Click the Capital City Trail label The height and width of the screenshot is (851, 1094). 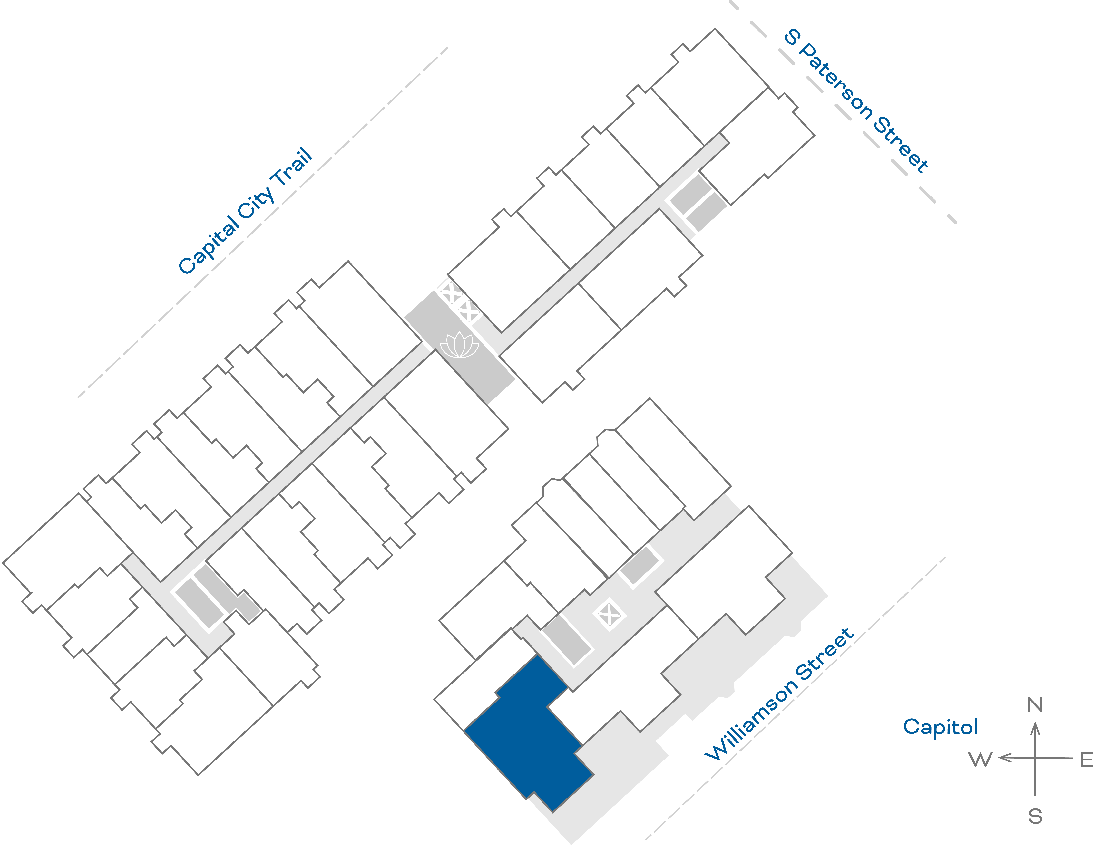coord(245,211)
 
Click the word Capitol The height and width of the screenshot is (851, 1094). coord(940,727)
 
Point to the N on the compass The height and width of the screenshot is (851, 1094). coord(1035,705)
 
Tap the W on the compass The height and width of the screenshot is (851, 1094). coord(980,760)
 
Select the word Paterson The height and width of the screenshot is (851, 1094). coord(835,80)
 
